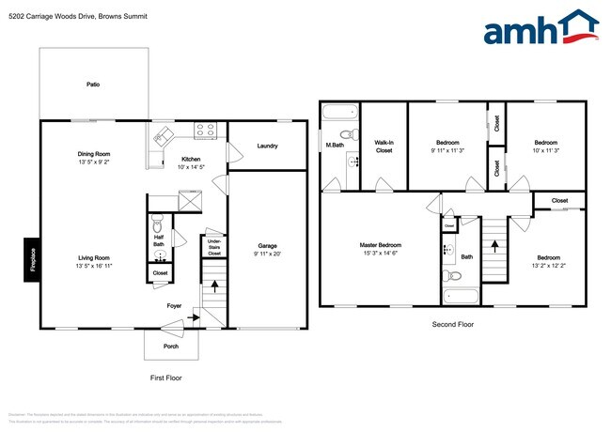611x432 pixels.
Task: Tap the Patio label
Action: pyautogui.click(x=93, y=85)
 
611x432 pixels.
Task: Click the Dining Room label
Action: pyautogui.click(x=94, y=154)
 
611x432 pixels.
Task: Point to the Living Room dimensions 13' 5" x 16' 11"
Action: pyautogui.click(x=94, y=266)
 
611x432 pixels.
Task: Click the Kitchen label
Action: pyautogui.click(x=191, y=159)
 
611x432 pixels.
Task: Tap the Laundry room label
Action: pyautogui.click(x=266, y=146)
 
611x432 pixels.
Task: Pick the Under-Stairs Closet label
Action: pyautogui.click(x=214, y=247)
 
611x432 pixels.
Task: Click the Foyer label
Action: pyautogui.click(x=174, y=305)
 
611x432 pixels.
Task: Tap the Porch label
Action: pyautogui.click(x=171, y=345)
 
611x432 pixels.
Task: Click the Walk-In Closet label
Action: pyautogui.click(x=384, y=146)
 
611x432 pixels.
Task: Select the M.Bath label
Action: pyautogui.click(x=334, y=146)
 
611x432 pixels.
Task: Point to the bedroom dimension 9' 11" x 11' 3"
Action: pyautogui.click(x=448, y=150)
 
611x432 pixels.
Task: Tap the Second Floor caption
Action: pyautogui.click(x=454, y=323)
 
